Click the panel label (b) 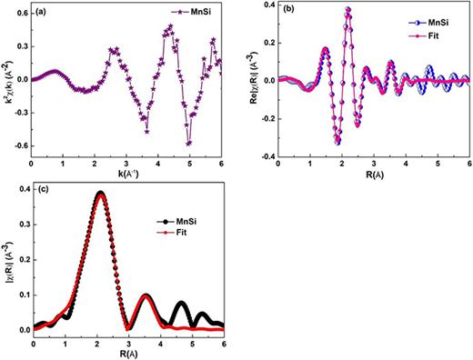pyautogui.click(x=287, y=11)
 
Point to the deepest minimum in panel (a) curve pyautogui.click(x=188, y=143)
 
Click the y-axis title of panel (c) pyautogui.click(x=7, y=264)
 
